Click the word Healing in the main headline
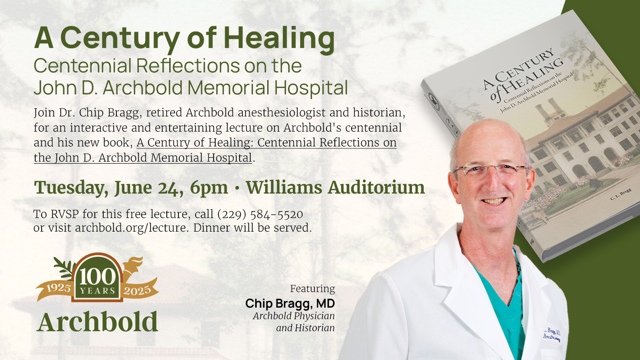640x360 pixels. pos(279,38)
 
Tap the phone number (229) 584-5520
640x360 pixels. pos(260,214)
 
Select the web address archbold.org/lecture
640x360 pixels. pos(131,228)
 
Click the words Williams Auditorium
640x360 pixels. pos(335,188)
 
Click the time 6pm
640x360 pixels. pos(209,188)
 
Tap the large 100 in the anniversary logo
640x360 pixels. pos(97,276)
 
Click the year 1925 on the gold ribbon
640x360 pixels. pos(58,288)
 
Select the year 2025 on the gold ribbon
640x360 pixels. pos(137,291)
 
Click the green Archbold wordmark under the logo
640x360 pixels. pos(98,322)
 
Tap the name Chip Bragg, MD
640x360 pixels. pos(290,304)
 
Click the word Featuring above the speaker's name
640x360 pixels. pos(312,289)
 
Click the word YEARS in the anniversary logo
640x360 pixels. pos(97,291)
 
